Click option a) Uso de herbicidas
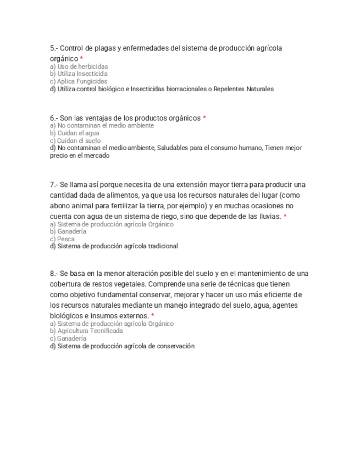pyautogui.click(x=79, y=66)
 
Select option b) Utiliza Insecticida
pyautogui.click(x=79, y=74)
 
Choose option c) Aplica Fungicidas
pyautogui.click(x=79, y=81)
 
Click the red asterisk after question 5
pyautogui.click(x=81, y=59)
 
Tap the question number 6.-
pyautogui.click(x=54, y=118)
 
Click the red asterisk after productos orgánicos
pyautogui.click(x=204, y=118)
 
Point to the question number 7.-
pyautogui.click(x=54, y=185)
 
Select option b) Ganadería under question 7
pyautogui.click(x=68, y=231)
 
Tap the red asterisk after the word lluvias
pyautogui.click(x=285, y=217)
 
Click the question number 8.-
pyautogui.click(x=54, y=274)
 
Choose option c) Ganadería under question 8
pyautogui.click(x=68, y=339)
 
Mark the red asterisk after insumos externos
pyautogui.click(x=153, y=316)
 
